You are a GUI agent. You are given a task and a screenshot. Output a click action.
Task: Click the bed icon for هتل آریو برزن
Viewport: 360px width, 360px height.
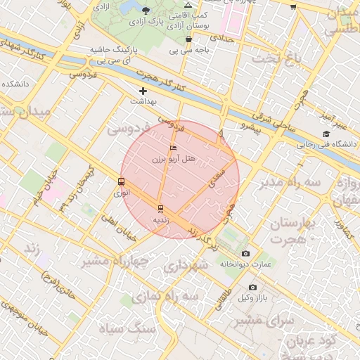174,148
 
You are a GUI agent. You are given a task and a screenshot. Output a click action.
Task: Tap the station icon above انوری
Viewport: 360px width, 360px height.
122,181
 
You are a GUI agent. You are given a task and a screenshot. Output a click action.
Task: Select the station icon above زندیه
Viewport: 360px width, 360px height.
161,208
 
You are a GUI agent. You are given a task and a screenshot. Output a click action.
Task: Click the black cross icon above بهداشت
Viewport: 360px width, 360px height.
143,91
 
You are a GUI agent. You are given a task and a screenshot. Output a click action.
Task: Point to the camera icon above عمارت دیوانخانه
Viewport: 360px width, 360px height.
245,253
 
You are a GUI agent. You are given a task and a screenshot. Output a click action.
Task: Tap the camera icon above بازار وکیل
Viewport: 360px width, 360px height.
253,288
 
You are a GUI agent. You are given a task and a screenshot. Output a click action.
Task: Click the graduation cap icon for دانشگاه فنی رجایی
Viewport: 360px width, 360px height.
326,134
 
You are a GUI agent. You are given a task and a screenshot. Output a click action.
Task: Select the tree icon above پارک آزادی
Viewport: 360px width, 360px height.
146,10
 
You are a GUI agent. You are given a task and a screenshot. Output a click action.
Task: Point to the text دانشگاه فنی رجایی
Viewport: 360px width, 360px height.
326,145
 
